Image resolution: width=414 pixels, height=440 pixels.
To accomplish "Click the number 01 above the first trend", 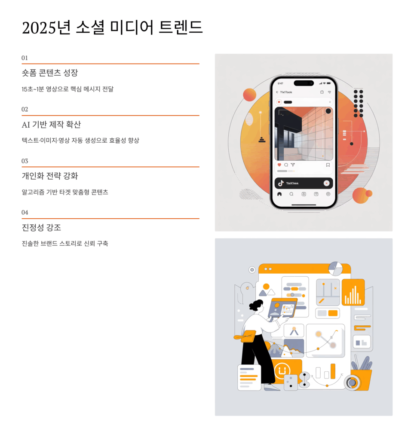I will [x=25, y=58].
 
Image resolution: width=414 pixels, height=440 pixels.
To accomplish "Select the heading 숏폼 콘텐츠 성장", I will [x=50, y=73].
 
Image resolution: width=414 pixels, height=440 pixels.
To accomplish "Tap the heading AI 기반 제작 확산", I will [x=51, y=125].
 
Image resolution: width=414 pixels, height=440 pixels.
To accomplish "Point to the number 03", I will [x=25, y=161].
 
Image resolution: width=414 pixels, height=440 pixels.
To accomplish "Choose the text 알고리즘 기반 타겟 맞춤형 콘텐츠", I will [x=65, y=192].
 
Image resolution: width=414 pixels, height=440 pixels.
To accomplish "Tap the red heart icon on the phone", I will [x=279, y=165].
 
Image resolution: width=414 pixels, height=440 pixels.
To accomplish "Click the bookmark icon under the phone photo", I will [x=328, y=165].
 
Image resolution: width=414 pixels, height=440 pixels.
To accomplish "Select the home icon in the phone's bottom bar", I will [x=279, y=194].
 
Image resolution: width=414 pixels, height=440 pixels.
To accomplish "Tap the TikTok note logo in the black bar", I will [x=281, y=183].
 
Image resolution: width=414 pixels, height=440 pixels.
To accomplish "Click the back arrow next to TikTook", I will [x=277, y=92].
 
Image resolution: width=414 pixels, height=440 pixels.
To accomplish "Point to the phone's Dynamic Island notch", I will [x=304, y=83].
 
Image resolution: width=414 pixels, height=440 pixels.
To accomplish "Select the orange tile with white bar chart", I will [x=353, y=292].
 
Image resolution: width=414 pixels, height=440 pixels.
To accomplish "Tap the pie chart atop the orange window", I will [x=335, y=268].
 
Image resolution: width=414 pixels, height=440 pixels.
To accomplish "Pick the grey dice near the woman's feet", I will [x=291, y=382].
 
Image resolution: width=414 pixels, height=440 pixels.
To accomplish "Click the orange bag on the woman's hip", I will [x=248, y=336].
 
